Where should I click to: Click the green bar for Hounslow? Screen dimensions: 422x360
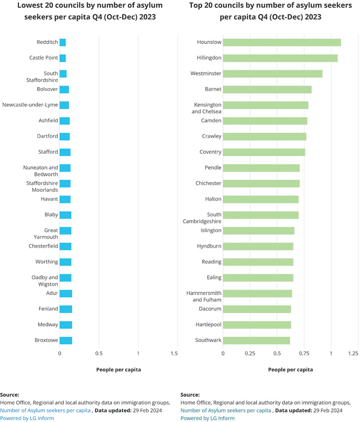point(282,42)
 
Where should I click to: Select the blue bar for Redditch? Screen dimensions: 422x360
point(63,42)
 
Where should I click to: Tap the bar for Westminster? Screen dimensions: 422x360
point(273,74)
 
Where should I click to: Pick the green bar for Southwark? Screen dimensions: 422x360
point(257,340)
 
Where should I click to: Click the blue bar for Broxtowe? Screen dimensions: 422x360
point(66,340)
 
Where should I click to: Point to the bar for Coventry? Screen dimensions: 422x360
point(264,152)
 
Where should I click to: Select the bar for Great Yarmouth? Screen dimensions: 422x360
point(65,231)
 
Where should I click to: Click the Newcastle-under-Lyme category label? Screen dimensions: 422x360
point(30,105)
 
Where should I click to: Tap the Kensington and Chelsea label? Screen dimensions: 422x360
point(206,108)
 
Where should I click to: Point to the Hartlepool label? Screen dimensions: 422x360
point(208,325)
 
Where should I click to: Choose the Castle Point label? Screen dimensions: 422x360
point(44,58)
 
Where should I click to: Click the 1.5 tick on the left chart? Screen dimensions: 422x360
point(174,354)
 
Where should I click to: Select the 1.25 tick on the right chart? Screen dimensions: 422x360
point(353,354)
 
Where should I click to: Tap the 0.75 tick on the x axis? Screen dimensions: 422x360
point(304,354)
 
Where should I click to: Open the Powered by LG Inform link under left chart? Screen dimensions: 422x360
point(27,418)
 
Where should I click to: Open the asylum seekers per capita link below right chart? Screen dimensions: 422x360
point(226,410)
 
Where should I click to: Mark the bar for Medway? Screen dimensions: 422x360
point(66,325)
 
